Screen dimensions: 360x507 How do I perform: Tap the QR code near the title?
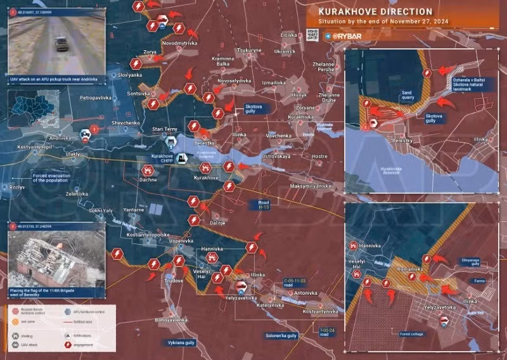[x=311, y=35]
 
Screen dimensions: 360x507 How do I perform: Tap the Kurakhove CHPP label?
[x=161, y=158]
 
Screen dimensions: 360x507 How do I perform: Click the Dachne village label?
[x=148, y=180]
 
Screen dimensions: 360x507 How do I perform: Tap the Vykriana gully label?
[x=181, y=342]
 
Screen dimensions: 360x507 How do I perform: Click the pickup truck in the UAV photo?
[x=62, y=43]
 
